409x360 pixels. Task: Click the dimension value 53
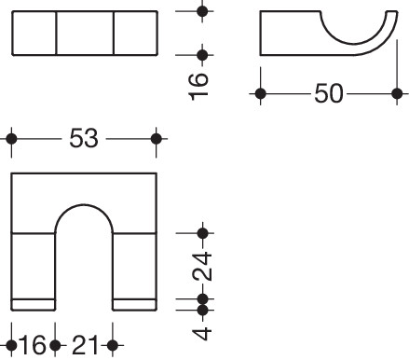[84, 138]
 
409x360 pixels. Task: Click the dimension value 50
[329, 93]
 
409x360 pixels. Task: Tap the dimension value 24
[202, 266]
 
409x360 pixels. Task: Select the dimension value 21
[85, 345]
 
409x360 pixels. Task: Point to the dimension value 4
[202, 333]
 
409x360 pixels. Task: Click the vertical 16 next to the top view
[198, 87]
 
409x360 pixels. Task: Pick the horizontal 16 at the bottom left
[33, 345]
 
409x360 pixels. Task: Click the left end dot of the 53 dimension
[12, 139]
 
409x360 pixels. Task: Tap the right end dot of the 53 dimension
[157, 139]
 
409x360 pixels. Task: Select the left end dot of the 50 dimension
[260, 93]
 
